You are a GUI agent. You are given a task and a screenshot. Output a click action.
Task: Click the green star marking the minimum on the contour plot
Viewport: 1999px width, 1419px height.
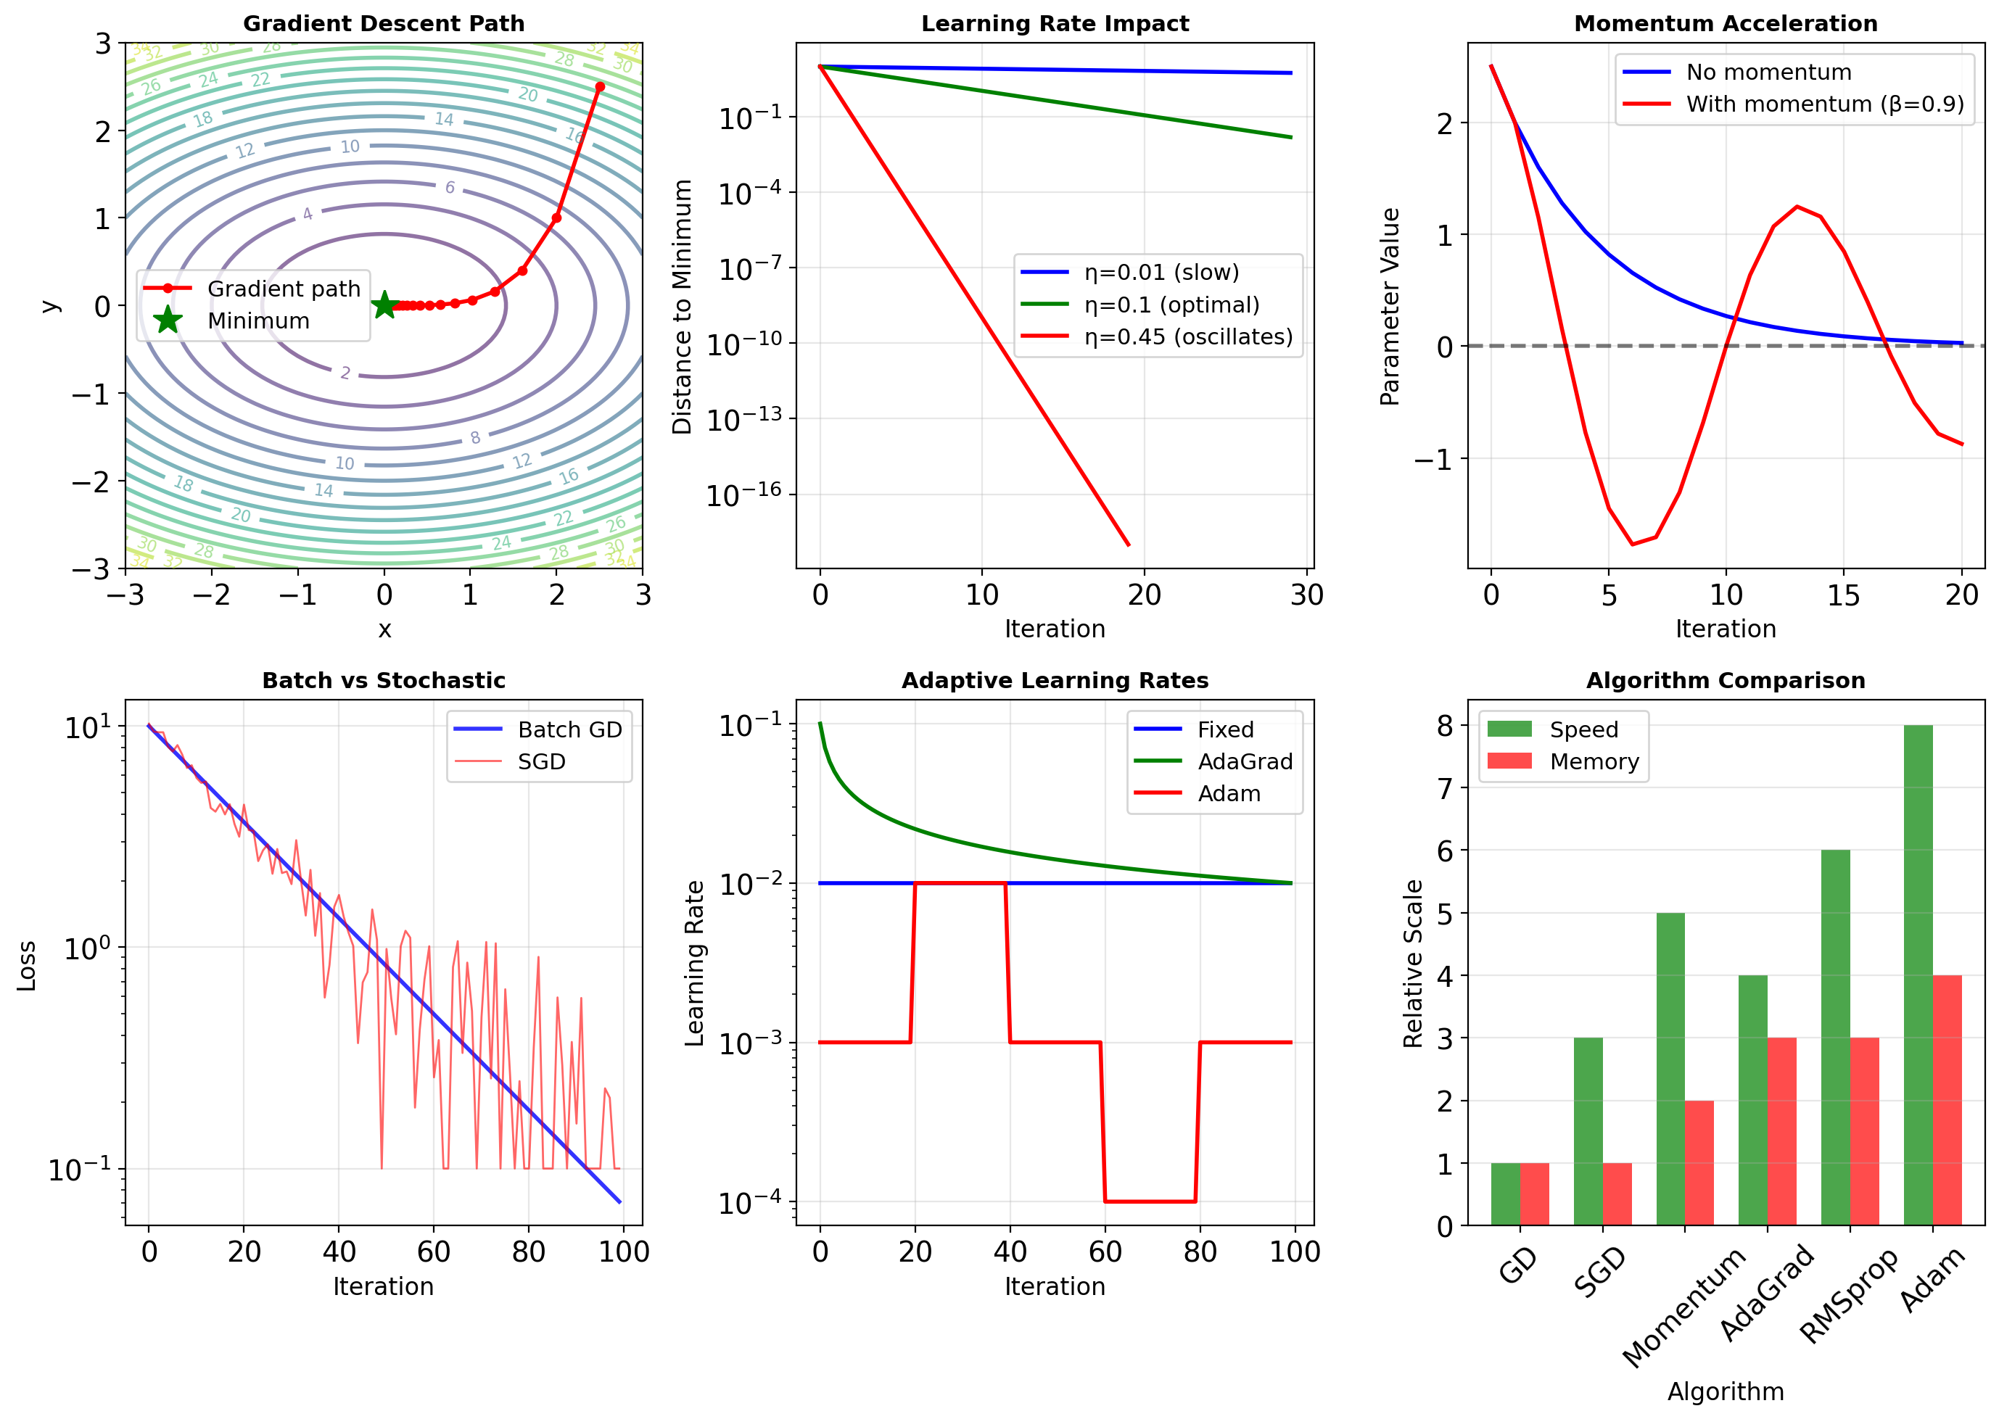point(384,305)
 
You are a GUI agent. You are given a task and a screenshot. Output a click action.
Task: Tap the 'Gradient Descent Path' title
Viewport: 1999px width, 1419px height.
point(384,24)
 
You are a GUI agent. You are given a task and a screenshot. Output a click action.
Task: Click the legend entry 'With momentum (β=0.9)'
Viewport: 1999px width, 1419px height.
point(1825,104)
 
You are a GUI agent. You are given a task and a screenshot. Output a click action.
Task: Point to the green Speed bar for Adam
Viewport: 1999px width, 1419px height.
point(1918,975)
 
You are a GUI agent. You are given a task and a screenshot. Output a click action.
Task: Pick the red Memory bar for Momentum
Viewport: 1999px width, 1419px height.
point(1699,1163)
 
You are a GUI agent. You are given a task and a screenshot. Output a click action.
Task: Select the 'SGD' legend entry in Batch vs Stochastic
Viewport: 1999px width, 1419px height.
point(541,762)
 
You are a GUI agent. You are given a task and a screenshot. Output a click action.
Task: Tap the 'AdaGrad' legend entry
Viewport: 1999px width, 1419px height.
point(1245,762)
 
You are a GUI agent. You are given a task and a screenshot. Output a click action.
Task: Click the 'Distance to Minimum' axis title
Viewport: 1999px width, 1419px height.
point(682,307)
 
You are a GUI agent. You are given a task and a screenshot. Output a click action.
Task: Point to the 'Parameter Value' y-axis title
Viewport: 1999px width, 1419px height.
point(1390,307)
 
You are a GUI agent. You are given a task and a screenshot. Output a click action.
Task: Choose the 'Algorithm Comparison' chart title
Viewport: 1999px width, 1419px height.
point(1726,681)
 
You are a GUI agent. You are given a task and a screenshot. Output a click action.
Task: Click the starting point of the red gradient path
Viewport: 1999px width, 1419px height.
point(600,86)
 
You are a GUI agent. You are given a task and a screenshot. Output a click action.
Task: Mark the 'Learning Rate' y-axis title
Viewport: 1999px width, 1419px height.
point(694,963)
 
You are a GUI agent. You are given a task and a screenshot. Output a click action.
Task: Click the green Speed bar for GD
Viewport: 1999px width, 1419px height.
point(1505,1194)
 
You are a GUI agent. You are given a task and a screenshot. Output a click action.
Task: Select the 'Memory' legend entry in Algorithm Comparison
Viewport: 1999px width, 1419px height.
point(1594,762)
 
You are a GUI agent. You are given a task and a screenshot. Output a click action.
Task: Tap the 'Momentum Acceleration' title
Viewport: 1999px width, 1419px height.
point(1726,24)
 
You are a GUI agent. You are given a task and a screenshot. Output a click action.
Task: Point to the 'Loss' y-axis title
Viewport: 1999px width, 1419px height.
point(26,966)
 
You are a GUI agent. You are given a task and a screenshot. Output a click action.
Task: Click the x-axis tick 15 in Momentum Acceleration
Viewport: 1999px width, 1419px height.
point(1843,596)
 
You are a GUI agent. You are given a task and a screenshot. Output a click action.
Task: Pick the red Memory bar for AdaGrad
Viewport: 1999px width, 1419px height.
point(1781,1132)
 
